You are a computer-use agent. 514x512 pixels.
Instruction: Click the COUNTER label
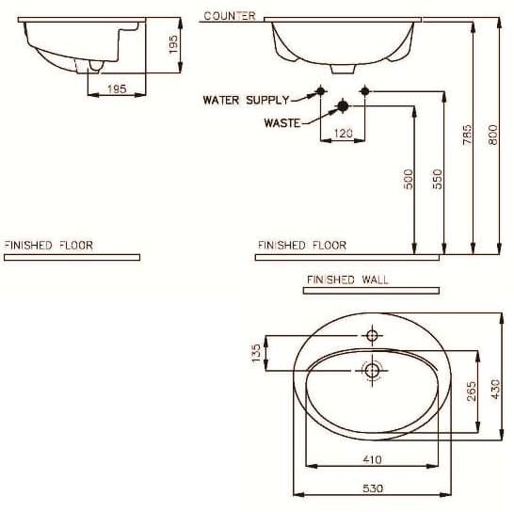click(229, 16)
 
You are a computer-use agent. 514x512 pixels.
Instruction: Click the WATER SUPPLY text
click(246, 100)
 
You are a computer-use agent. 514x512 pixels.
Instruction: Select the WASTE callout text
click(281, 123)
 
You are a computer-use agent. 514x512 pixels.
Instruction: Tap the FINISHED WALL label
click(347, 280)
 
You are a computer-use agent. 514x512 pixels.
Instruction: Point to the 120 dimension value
click(343, 134)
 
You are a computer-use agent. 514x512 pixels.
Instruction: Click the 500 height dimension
click(408, 179)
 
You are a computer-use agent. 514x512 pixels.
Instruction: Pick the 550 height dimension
click(437, 179)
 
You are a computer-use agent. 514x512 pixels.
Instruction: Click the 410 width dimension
click(371, 459)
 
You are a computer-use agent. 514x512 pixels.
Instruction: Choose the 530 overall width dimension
click(371, 489)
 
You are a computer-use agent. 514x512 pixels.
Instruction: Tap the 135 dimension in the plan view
click(255, 354)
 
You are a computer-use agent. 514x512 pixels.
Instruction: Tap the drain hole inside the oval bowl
click(371, 371)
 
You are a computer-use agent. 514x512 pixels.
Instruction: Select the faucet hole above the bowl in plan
click(371, 336)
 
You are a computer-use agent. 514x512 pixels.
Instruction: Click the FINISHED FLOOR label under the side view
click(49, 245)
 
